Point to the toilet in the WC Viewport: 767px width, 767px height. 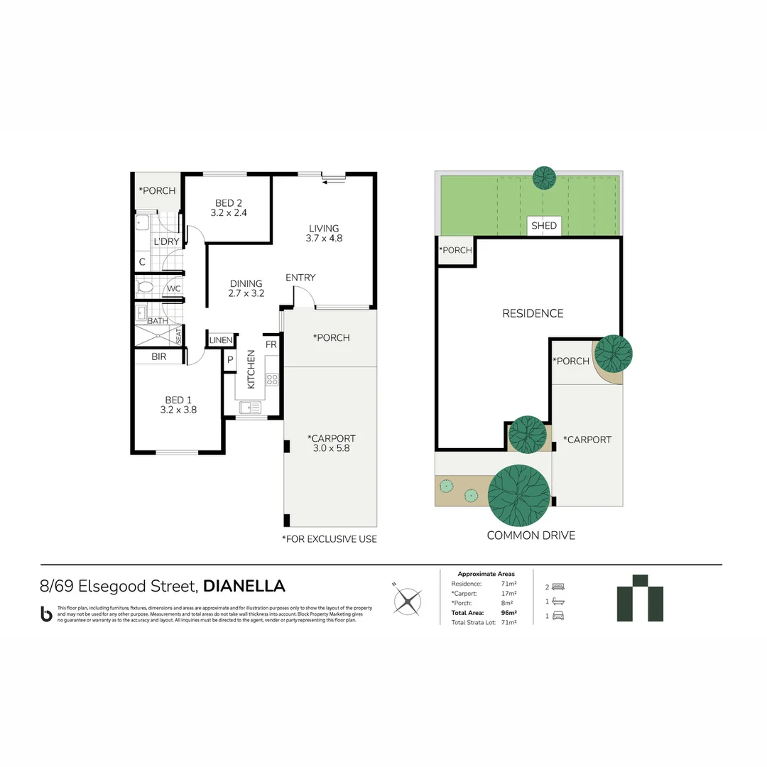145,288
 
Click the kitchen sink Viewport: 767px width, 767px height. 250,408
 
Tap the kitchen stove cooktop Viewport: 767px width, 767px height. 272,379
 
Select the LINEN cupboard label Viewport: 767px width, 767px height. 221,341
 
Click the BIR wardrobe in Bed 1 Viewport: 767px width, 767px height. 159,357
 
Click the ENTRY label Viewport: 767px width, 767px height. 300,278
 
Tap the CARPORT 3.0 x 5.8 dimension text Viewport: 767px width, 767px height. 331,448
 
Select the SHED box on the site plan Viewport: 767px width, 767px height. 544,226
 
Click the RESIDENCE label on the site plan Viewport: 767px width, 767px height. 533,313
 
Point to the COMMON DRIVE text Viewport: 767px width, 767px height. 531,535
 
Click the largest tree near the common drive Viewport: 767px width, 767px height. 519,494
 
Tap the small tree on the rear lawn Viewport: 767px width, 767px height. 545,178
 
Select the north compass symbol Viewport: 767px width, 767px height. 408,601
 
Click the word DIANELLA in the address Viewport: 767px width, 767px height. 244,586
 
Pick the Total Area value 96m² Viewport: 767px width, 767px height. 508,612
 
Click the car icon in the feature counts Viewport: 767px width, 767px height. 558,616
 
